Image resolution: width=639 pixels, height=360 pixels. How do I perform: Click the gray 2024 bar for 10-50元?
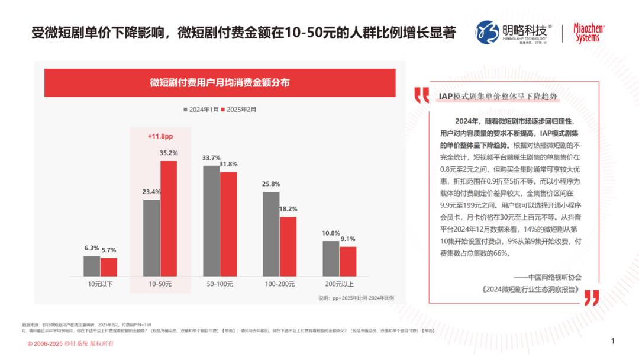(x=151, y=237)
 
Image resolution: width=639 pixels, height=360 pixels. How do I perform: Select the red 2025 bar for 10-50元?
(x=169, y=218)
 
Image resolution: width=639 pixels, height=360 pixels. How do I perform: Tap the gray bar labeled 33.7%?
(x=211, y=221)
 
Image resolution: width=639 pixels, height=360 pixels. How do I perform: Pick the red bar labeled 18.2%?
(x=288, y=246)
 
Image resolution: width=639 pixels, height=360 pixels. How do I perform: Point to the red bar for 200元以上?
(x=348, y=261)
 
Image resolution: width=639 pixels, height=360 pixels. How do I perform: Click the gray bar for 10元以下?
(x=92, y=266)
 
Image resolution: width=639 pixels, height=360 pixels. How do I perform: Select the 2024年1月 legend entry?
(x=200, y=109)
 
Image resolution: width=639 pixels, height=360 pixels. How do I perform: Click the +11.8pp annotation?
(x=160, y=137)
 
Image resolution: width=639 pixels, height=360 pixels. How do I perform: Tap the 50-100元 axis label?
(x=220, y=285)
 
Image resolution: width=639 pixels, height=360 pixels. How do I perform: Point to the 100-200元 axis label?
(x=280, y=285)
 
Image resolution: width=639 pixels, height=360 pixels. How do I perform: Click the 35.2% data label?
(x=169, y=153)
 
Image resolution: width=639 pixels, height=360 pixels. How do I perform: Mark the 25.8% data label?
(x=272, y=184)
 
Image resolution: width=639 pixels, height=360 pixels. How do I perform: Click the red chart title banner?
(x=220, y=83)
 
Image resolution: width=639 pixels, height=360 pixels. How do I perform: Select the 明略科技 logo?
(x=513, y=33)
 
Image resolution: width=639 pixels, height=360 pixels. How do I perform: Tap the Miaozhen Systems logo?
(x=589, y=33)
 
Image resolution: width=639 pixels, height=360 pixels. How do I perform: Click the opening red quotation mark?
(x=421, y=95)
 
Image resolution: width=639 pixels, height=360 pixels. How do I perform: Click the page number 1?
(x=613, y=340)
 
